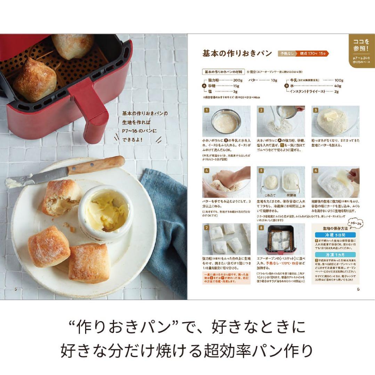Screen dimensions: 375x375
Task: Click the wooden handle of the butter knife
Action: point(97,165)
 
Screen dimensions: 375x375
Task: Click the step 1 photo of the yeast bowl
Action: point(226,121)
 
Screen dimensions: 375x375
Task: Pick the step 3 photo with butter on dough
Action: point(335,121)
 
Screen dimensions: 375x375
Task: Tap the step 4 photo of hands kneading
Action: point(226,182)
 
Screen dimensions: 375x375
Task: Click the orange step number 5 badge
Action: point(261,170)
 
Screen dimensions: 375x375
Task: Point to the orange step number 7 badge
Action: point(206,228)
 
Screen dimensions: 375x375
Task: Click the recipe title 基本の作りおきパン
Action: point(237,53)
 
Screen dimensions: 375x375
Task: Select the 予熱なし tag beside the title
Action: point(286,54)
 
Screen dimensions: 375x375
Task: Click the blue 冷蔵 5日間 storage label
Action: point(335,235)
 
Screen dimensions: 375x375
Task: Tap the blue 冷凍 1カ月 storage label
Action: point(335,255)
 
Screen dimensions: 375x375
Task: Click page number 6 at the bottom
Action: point(358,289)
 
